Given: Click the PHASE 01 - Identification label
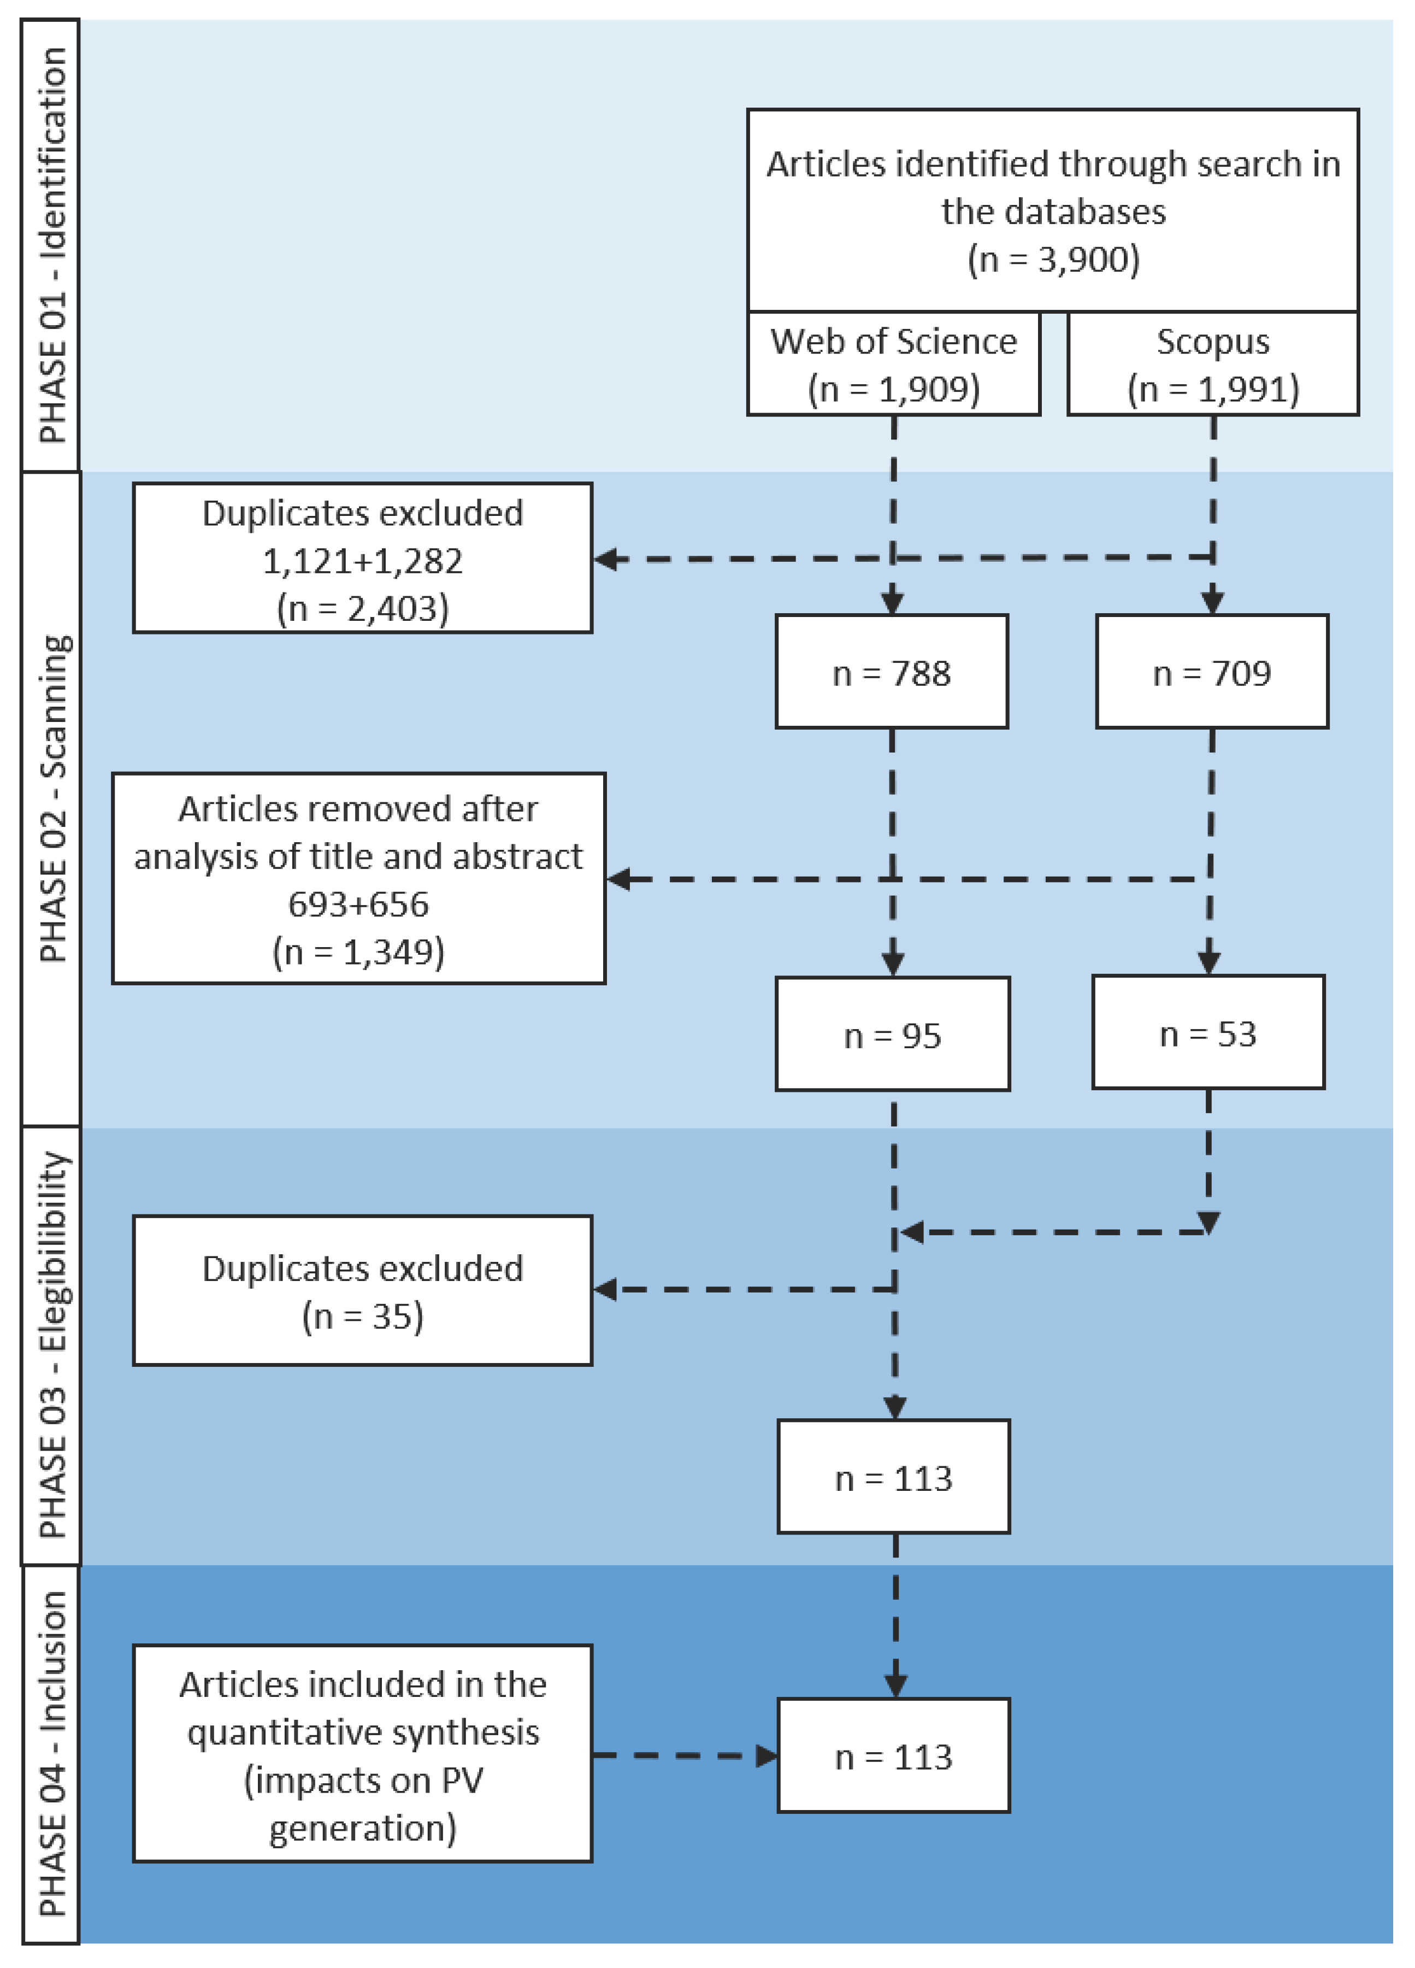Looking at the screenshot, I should click(x=51, y=245).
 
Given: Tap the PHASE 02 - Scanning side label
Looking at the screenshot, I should click(x=51, y=799).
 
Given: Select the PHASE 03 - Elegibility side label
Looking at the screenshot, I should click(x=51, y=1345).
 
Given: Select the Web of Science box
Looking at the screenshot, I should click(x=894, y=365).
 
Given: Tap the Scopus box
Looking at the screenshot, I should click(x=1213, y=365).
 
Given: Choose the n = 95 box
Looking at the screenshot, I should click(x=893, y=1035).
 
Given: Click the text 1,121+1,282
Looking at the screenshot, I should click(x=363, y=561).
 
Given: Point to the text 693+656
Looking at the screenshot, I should click(x=358, y=904).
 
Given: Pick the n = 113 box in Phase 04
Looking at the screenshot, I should click(x=894, y=1757).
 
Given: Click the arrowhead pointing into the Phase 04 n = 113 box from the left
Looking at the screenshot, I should click(x=767, y=1756).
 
